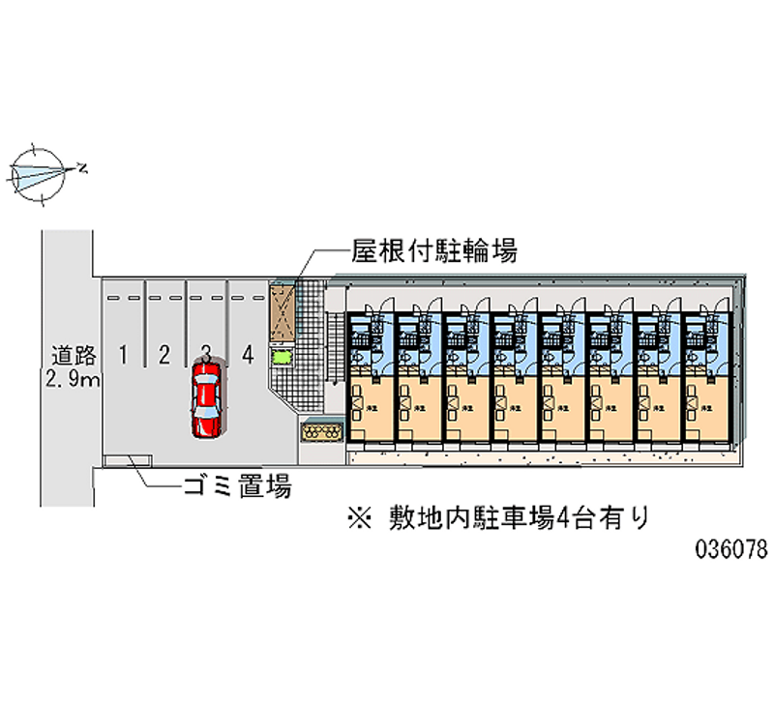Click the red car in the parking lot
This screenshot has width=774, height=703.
[x=206, y=399]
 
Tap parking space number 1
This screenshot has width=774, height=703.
[x=123, y=354]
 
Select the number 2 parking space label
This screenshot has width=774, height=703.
[x=164, y=354]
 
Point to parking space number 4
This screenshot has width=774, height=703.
[x=249, y=354]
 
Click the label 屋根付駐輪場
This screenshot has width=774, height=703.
[x=433, y=252]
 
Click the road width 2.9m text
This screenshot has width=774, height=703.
[x=71, y=378]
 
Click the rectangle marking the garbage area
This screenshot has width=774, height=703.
[x=123, y=459]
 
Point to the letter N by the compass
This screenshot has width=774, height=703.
[x=83, y=169]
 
